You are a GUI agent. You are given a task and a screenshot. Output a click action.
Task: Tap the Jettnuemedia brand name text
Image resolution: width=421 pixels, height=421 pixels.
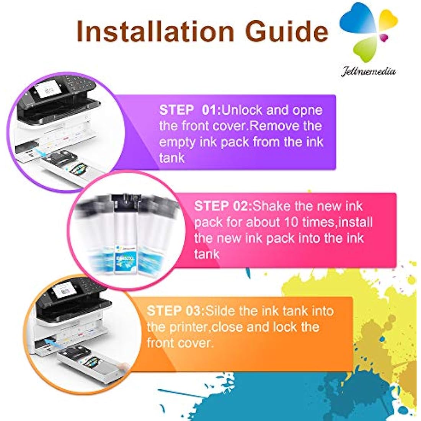click(368, 71)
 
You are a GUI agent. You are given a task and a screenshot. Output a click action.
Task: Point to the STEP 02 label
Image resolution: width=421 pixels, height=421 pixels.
click(223, 206)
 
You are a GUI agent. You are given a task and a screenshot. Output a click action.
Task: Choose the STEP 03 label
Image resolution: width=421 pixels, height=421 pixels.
click(176, 310)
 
